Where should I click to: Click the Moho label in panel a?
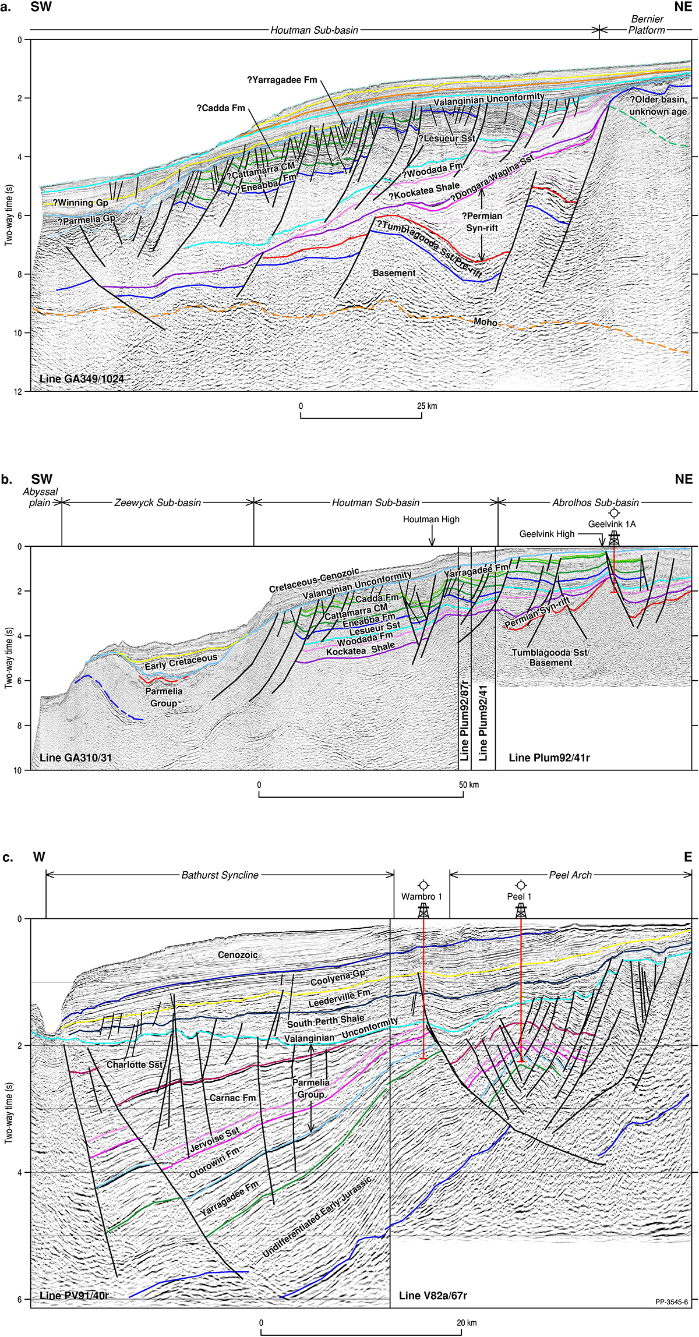[x=485, y=322]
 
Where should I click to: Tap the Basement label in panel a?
[x=394, y=273]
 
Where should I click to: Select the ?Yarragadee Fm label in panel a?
[x=282, y=80]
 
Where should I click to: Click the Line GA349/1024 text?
[x=82, y=379]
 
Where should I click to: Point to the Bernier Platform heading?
[x=647, y=24]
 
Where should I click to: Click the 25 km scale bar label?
[x=427, y=406]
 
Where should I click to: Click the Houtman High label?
[x=431, y=519]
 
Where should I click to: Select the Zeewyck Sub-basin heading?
[x=157, y=503]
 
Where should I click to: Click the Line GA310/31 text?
[x=76, y=758]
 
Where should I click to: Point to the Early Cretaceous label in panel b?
[x=181, y=662]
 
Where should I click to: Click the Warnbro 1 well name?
[x=421, y=896]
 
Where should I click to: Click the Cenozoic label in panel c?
[x=238, y=955]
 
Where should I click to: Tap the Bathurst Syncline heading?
[x=220, y=875]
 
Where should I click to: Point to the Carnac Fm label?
[x=232, y=1098]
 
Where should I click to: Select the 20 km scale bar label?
[x=467, y=1322]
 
